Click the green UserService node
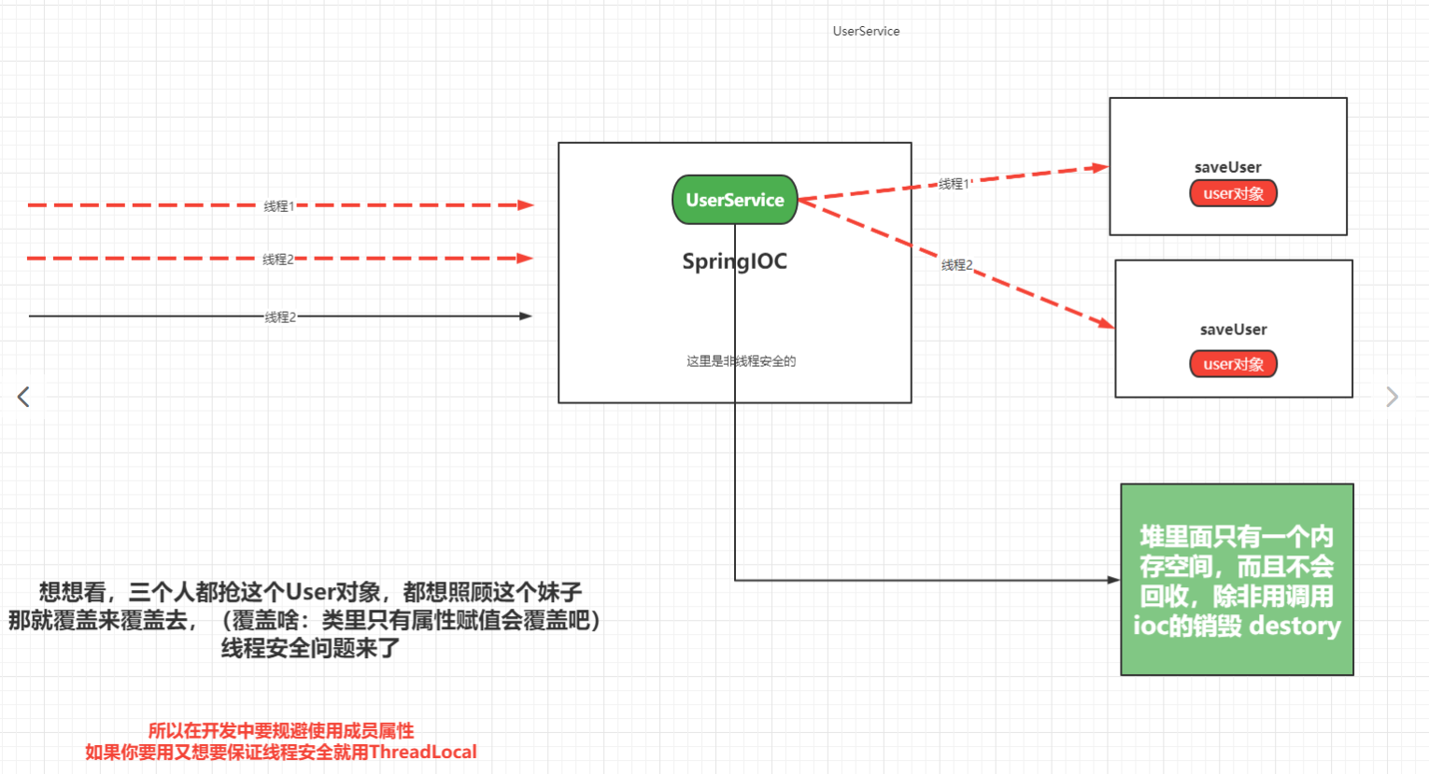pos(734,200)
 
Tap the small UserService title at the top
pos(866,31)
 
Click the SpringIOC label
pos(734,261)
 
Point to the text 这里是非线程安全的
pos(741,361)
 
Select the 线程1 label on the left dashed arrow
pos(278,206)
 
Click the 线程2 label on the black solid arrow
pos(280,317)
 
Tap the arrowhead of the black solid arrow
pos(526,317)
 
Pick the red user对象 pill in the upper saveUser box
pos(1233,193)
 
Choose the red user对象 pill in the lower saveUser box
pos(1233,364)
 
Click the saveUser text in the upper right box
pos(1227,167)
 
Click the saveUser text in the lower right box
pos(1233,330)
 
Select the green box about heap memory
pos(1237,579)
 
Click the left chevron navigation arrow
pos(23,397)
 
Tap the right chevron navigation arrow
pos(1392,397)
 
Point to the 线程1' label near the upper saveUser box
pos(955,184)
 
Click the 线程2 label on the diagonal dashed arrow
pos(956,265)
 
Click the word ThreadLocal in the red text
pos(422,753)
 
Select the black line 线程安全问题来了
pos(310,648)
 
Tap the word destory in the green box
pos(1295,626)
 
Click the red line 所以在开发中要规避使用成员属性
pos(280,731)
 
